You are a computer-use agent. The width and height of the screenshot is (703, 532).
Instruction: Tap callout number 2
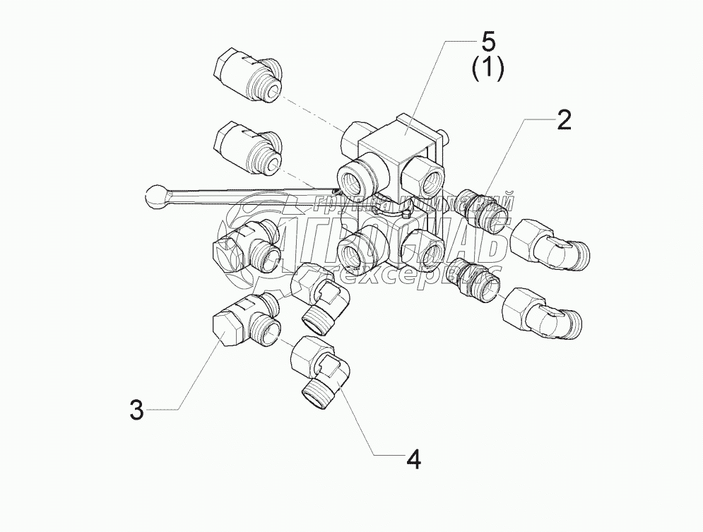[x=563, y=121]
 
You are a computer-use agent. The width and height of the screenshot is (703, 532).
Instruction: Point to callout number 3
[x=137, y=409]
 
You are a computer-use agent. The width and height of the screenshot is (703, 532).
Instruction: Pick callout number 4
[x=414, y=459]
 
